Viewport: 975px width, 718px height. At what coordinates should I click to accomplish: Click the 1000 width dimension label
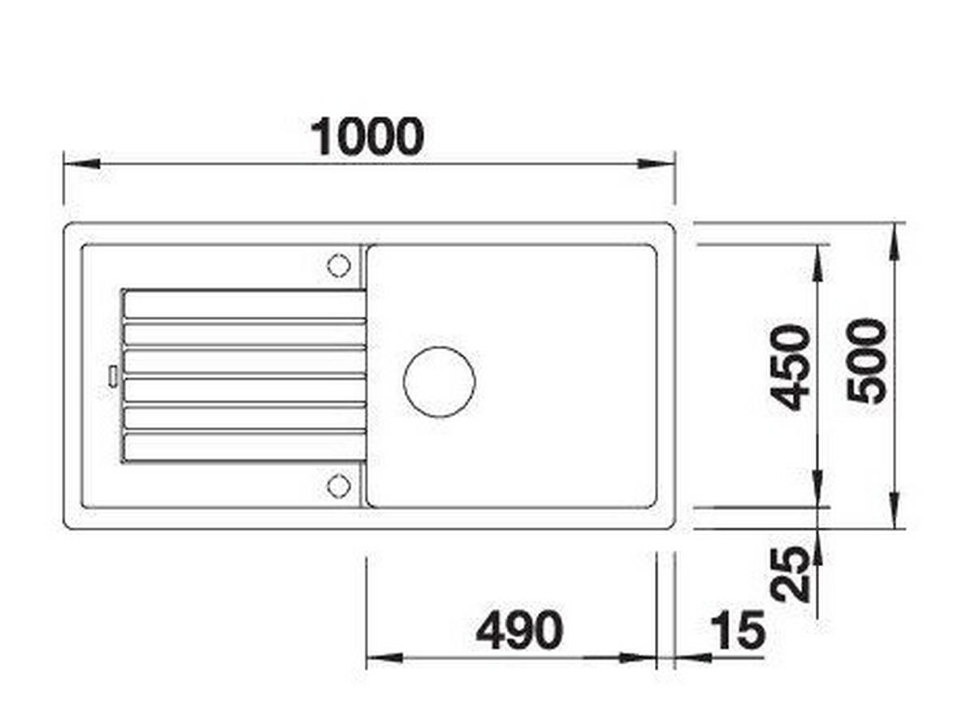(x=368, y=137)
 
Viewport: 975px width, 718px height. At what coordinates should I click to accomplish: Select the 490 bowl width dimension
(x=518, y=630)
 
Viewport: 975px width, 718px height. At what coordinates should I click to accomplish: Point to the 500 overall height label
(x=866, y=361)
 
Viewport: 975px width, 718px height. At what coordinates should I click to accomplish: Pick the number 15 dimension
(x=737, y=631)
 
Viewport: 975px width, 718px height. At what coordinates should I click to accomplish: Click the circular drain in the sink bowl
(x=439, y=382)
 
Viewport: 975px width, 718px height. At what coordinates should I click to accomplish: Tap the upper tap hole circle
(x=337, y=265)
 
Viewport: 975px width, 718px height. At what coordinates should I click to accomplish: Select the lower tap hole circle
(x=337, y=486)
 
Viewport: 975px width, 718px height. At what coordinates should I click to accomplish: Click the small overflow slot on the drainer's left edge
(x=111, y=374)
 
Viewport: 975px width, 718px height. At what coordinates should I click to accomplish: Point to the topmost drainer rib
(x=244, y=305)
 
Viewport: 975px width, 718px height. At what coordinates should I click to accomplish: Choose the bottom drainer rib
(x=244, y=447)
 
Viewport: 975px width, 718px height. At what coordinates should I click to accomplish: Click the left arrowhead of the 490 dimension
(x=383, y=657)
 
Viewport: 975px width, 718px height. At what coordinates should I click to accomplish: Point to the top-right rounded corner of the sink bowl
(x=650, y=250)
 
